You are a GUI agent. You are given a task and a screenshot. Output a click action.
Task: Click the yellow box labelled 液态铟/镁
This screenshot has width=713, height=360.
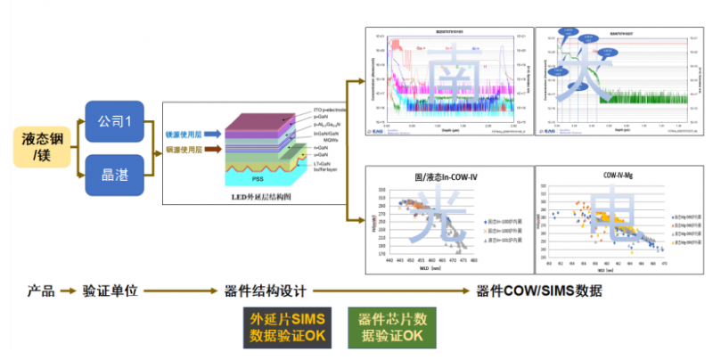click(x=42, y=147)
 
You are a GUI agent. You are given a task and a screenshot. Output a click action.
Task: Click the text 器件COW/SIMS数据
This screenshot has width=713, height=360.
click(x=539, y=290)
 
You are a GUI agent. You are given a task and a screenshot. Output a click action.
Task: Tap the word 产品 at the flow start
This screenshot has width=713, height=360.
click(x=40, y=290)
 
